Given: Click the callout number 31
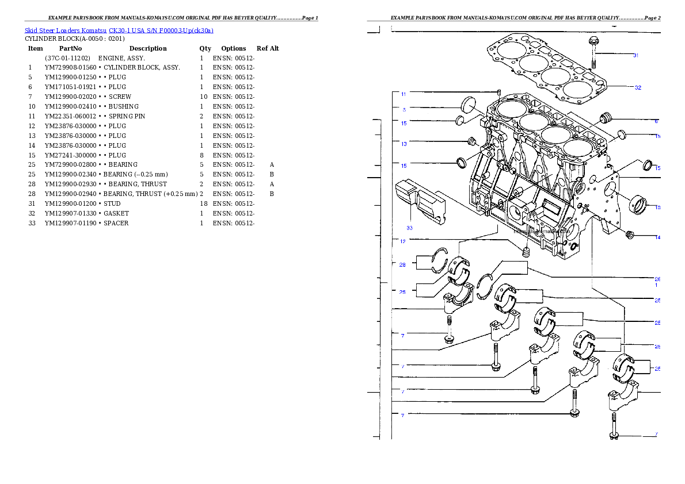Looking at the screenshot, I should [x=635, y=56].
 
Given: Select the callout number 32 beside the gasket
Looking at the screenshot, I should [x=638, y=88].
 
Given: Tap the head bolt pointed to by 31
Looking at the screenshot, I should [x=593, y=52].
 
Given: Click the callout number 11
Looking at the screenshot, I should [x=404, y=94].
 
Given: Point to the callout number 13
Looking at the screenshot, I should [x=404, y=144].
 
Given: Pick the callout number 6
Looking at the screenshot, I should [x=656, y=121].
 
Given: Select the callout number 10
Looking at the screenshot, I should [x=657, y=208].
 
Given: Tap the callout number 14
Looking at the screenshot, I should [x=657, y=237].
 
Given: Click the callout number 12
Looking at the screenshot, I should [x=403, y=241].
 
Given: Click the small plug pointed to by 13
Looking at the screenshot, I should [x=471, y=141].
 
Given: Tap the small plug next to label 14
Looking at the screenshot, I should [x=630, y=235].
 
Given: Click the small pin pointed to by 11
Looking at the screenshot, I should [x=499, y=93].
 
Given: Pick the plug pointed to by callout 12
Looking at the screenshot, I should [x=525, y=251].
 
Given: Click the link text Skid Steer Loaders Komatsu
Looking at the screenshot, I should [x=66, y=30].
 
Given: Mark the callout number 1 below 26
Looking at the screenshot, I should [x=657, y=285].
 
